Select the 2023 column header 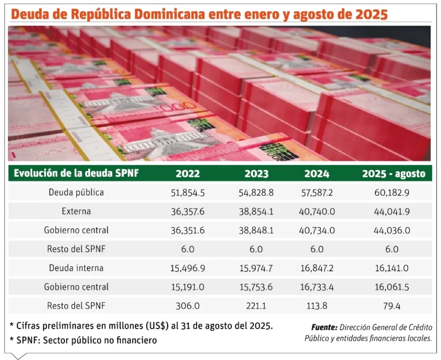[256, 173]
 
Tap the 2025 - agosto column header [393, 173]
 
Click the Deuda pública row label [76, 192]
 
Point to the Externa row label [76, 212]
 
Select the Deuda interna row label [76, 268]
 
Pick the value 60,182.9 [393, 192]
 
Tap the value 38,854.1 [256, 212]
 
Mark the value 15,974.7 [256, 268]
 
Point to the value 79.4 [393, 306]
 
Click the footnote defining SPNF [83, 340]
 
